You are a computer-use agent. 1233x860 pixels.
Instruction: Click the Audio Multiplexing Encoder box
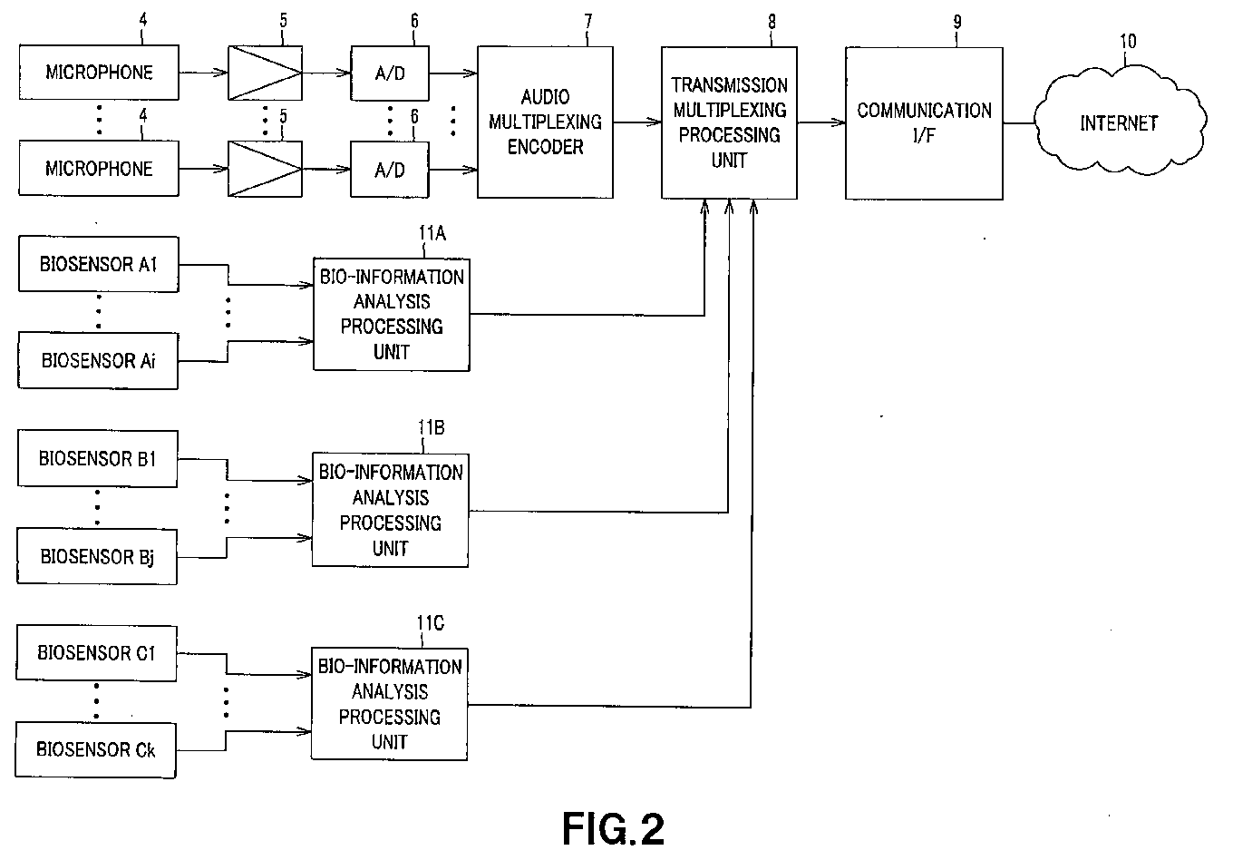coord(545,122)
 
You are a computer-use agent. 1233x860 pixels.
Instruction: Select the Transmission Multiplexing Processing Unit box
coord(729,122)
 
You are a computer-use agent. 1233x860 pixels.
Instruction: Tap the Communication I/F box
coord(924,123)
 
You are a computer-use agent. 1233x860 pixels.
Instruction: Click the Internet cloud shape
coord(1120,121)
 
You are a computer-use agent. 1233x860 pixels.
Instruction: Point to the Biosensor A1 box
coord(99,264)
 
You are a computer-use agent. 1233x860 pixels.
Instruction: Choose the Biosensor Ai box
coord(98,360)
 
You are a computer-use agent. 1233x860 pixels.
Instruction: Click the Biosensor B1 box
coord(97,458)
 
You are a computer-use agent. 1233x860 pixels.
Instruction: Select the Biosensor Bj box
coord(97,556)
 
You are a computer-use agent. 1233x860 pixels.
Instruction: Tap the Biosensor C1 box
coord(96,653)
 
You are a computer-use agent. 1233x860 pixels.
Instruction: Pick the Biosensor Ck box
coord(96,750)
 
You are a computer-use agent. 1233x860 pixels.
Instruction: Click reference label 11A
coord(432,233)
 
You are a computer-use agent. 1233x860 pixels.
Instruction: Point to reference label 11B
coord(431,427)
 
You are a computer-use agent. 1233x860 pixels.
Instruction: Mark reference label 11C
coord(431,623)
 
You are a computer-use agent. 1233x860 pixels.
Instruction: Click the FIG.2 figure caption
coord(613,828)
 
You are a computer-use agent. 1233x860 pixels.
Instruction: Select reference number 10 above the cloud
coord(1128,42)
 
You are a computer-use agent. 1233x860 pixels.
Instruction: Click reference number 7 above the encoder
coord(588,22)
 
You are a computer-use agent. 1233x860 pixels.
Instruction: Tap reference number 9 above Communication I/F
coord(957,22)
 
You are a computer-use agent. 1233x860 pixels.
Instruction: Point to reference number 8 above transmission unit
coord(772,22)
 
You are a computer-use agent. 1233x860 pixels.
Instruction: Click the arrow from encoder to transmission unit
coord(637,122)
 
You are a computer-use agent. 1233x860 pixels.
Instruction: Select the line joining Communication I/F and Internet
coord(1019,122)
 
